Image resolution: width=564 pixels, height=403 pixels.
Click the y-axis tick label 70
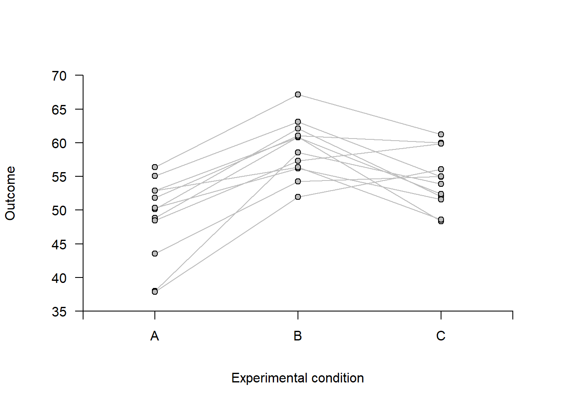(x=59, y=76)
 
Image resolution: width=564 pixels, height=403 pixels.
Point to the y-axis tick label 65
(x=59, y=110)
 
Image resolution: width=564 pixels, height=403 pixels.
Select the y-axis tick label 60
(x=59, y=143)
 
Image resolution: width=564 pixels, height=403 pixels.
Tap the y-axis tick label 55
(x=59, y=177)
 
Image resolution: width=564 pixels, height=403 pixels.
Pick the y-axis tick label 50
(x=59, y=210)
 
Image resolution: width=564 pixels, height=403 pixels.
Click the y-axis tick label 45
(x=59, y=244)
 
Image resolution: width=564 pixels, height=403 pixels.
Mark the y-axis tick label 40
(x=59, y=278)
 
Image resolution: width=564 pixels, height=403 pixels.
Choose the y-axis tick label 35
(x=59, y=311)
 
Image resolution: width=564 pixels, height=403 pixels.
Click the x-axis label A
(x=155, y=336)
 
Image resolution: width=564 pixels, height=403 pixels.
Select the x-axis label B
(x=298, y=336)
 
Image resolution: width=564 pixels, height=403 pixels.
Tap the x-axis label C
(x=441, y=336)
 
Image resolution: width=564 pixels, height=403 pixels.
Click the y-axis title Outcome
(x=10, y=193)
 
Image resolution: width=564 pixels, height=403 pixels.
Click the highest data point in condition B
(x=298, y=94)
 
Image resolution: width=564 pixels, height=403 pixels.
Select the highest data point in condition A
(x=155, y=167)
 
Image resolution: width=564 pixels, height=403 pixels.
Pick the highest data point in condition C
(x=441, y=134)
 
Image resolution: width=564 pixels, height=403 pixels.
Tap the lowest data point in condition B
(x=298, y=197)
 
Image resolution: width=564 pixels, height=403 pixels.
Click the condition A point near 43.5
(x=155, y=254)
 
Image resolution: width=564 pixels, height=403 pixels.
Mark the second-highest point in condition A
(x=155, y=176)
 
